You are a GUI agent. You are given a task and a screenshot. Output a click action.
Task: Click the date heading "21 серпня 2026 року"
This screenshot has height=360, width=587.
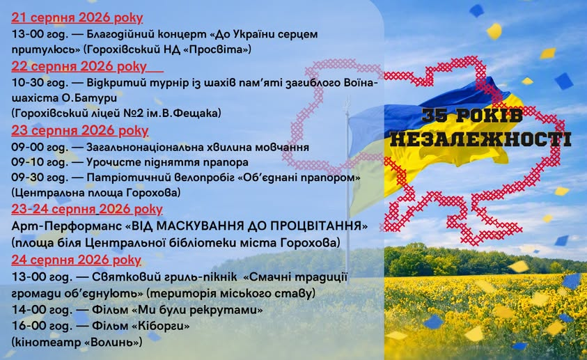tap(77, 17)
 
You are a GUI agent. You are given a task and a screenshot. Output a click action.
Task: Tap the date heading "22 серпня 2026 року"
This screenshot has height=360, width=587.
tap(79, 66)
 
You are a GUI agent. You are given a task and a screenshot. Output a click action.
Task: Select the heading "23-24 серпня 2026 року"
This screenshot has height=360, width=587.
tap(87, 209)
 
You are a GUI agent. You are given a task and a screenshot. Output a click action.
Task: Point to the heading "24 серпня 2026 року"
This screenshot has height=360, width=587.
tap(76, 260)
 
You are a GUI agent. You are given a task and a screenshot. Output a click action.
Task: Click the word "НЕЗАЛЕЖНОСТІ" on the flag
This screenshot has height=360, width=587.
tap(480, 139)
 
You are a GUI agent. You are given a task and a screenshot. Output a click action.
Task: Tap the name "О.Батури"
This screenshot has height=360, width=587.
tap(89, 98)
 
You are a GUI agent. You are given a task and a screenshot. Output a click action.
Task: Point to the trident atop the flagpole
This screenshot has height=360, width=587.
tap(347, 102)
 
